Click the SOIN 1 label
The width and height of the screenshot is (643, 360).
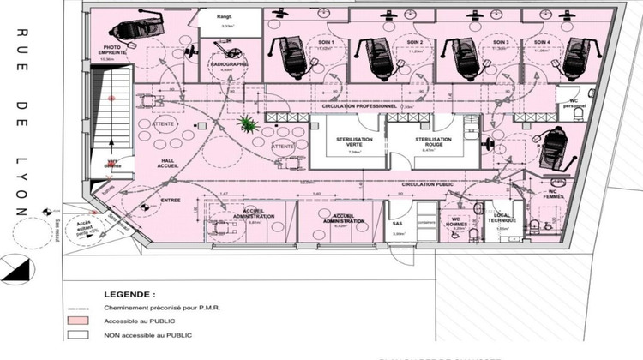click(x=325, y=43)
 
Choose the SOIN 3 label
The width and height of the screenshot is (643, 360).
click(x=502, y=43)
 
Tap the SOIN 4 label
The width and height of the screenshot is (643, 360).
click(x=541, y=43)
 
